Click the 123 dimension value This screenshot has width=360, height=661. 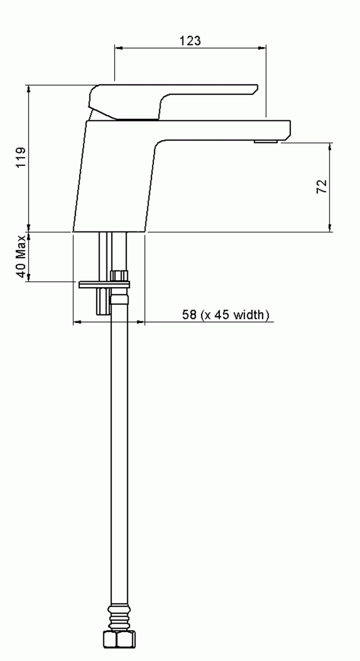pyautogui.click(x=190, y=40)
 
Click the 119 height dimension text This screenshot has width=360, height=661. pyautogui.click(x=21, y=158)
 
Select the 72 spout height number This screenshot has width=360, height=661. pyautogui.click(x=322, y=187)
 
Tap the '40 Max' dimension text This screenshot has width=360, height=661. pyautogui.click(x=21, y=256)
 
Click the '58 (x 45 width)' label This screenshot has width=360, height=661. pyautogui.click(x=226, y=314)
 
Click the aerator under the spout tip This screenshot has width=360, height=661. pyautogui.click(x=266, y=141)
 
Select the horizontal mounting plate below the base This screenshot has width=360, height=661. pyautogui.click(x=104, y=284)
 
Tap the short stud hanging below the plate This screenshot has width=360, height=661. pyautogui.click(x=102, y=301)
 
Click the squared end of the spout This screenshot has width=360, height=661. pyautogui.click(x=286, y=130)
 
